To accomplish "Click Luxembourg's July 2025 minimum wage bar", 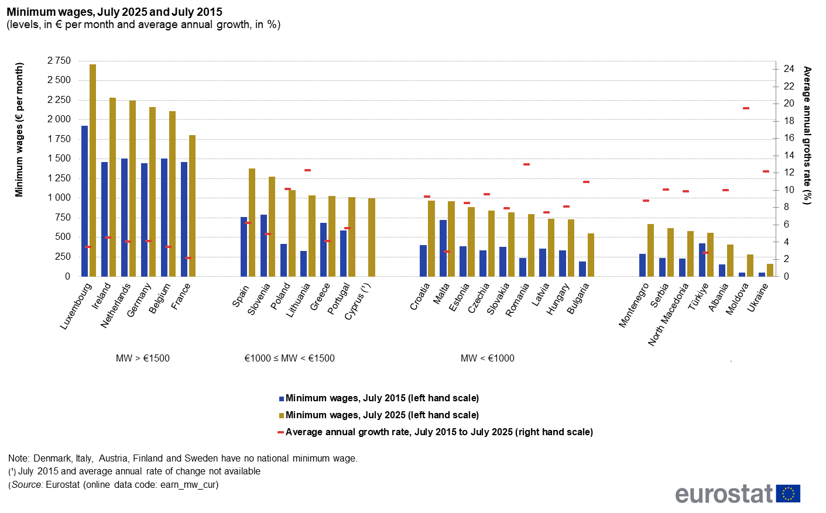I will click(x=92, y=170).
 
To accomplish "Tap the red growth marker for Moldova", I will click(x=746, y=108).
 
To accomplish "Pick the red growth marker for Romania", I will click(x=526, y=164).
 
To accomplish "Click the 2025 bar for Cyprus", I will click(x=372, y=237).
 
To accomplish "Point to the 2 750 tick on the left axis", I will click(x=59, y=61).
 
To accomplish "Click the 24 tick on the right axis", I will click(x=789, y=69).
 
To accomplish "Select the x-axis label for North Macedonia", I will click(x=669, y=314).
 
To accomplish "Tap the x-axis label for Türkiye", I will click(x=698, y=296).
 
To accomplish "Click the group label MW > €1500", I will click(x=143, y=359).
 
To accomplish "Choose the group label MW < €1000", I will click(x=487, y=359).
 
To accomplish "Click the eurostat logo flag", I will click(x=788, y=494).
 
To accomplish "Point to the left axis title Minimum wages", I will click(x=19, y=130).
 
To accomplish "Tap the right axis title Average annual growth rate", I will click(x=807, y=136).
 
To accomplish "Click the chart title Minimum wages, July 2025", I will click(x=115, y=12).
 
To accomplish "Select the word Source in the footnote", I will click(x=27, y=485).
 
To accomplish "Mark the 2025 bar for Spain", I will click(x=252, y=222).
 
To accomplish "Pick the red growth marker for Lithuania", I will click(x=307, y=170).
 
